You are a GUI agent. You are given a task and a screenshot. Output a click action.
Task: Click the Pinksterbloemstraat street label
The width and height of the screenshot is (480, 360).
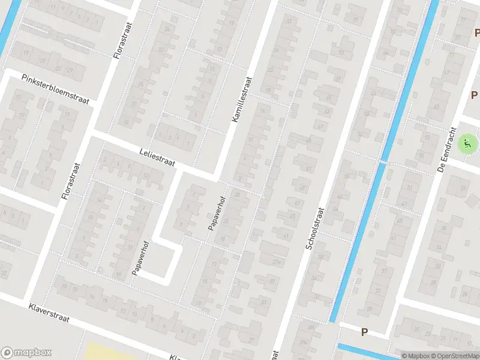(55, 89)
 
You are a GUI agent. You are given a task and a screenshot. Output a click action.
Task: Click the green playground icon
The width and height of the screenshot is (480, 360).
(467, 143)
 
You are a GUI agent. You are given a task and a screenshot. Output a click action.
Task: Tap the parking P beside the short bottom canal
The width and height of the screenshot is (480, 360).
(364, 332)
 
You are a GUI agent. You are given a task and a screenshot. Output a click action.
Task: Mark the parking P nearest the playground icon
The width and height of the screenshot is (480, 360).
(474, 95)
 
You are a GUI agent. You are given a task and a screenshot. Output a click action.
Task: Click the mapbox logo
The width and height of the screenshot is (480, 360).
(26, 353)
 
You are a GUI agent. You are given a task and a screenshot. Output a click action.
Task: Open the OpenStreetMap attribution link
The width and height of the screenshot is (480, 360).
(454, 356)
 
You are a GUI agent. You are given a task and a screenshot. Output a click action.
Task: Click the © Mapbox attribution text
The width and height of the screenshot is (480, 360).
(415, 356)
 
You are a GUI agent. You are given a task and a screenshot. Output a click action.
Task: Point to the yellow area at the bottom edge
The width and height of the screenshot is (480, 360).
(114, 352)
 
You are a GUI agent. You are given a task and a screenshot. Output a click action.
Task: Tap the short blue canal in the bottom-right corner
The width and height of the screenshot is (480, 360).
(366, 352)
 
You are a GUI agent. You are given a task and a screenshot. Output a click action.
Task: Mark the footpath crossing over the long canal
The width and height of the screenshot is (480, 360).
(382, 161)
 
